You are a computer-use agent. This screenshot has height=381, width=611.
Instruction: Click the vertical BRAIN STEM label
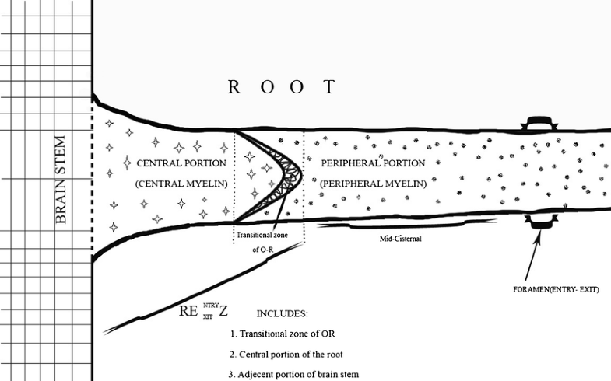coord(62,180)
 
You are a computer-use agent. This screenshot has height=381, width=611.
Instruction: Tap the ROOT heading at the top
coord(282,86)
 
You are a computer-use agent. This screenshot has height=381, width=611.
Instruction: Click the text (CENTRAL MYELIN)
coord(181,184)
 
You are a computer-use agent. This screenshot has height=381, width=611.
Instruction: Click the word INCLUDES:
coord(282,314)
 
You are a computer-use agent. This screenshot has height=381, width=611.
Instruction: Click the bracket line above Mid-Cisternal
coord(405,227)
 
